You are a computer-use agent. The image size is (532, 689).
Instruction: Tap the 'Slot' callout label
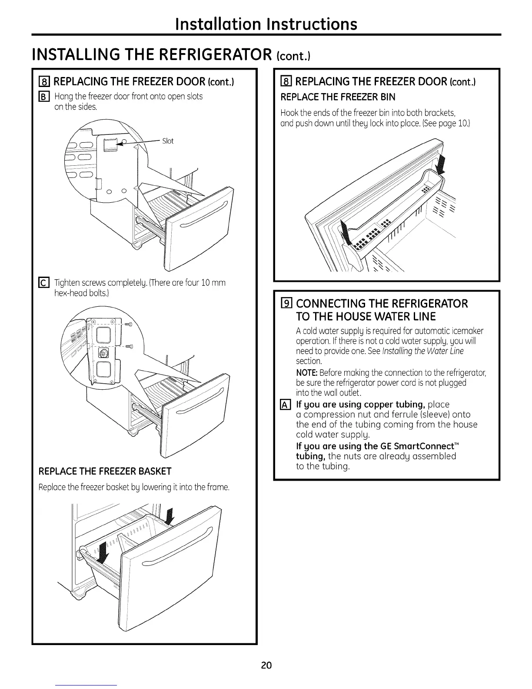click(x=167, y=141)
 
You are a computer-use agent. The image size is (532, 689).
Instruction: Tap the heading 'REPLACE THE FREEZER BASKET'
click(x=105, y=472)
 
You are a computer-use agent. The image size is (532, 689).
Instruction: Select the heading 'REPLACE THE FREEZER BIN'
click(x=338, y=97)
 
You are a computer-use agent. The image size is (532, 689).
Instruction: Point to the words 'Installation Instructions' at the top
click(x=266, y=23)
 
